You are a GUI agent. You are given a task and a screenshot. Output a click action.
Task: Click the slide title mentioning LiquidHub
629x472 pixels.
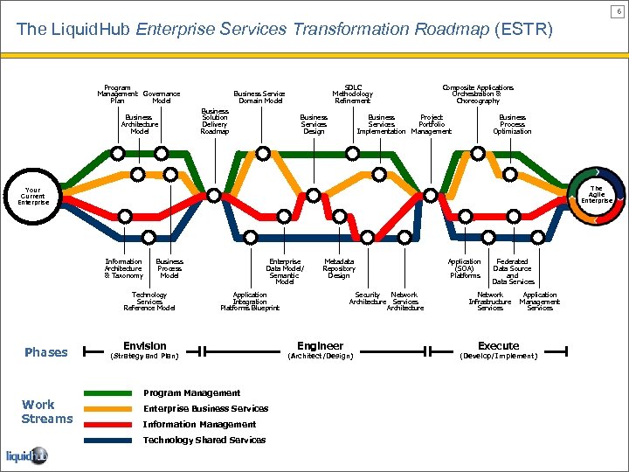[284, 30]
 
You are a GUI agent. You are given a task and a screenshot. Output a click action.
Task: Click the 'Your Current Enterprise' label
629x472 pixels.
[32, 195]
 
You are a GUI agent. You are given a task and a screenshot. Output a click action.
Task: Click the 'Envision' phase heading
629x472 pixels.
[145, 346]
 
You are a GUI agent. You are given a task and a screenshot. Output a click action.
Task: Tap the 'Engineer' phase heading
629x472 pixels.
[321, 346]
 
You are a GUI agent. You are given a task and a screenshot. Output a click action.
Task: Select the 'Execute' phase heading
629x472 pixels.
[499, 346]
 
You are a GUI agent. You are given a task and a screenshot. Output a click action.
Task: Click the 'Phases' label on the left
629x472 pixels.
[45, 352]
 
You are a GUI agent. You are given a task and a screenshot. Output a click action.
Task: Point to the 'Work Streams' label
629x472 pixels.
[47, 412]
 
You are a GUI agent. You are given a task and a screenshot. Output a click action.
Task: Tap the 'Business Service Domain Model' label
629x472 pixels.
[260, 97]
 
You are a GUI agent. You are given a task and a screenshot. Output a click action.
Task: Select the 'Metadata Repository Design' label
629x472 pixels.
[339, 268]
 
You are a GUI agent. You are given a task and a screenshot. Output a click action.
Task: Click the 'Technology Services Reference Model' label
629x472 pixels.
[149, 301]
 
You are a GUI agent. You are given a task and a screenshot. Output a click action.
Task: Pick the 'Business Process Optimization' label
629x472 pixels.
[512, 124]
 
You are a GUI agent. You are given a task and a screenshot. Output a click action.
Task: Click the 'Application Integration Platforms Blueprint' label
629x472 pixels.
[250, 301]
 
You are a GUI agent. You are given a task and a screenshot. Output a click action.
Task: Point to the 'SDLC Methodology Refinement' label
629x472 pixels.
[353, 94]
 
